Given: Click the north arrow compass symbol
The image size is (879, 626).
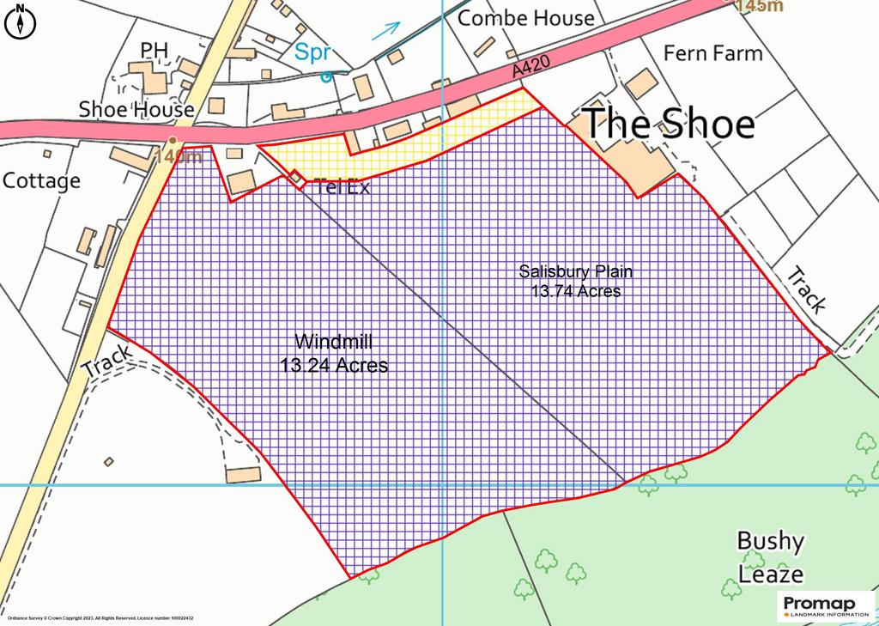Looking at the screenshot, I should point(20,21).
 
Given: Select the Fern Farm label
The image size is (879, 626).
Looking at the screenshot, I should point(712,53).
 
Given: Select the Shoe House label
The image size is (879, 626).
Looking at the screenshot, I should point(136,109).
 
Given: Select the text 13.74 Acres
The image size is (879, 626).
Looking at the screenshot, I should point(575,292).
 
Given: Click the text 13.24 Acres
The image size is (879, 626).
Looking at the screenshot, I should point(334,366).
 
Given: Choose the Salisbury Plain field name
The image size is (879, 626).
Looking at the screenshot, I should point(575,272).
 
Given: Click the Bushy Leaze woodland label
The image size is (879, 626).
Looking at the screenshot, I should point(771,556).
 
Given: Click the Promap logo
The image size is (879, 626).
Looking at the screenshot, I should point(824,606).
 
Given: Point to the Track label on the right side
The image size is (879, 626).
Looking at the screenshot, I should point(807,290).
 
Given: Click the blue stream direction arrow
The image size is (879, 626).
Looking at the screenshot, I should point(387,29).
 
